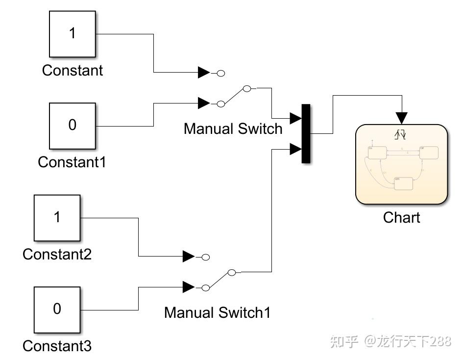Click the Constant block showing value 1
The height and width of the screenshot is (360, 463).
[x=73, y=34]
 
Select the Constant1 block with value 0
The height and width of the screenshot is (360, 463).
[x=73, y=126]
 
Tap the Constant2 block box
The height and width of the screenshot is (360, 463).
[x=57, y=217]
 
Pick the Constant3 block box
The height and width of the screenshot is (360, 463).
[x=57, y=309]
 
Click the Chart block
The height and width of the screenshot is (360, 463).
[x=401, y=164]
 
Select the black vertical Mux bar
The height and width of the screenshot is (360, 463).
[x=306, y=133]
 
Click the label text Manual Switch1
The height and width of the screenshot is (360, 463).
[x=217, y=312]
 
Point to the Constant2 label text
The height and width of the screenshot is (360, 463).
[x=57, y=254]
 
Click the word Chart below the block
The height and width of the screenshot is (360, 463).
[x=401, y=217]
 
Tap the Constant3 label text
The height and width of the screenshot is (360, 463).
[x=57, y=346]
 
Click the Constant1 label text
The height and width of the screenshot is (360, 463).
[x=72, y=162]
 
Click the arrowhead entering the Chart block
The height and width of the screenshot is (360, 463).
[x=402, y=118]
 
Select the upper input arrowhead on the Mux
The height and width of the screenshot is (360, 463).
[x=295, y=118]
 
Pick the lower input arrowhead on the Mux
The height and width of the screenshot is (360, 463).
[x=295, y=149]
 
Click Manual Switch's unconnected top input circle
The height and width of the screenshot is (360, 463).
[x=220, y=73]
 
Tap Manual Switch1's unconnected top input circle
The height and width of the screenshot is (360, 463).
[x=206, y=257]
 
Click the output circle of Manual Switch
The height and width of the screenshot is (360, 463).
[x=247, y=88]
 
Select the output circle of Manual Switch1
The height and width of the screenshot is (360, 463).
[x=232, y=272]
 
